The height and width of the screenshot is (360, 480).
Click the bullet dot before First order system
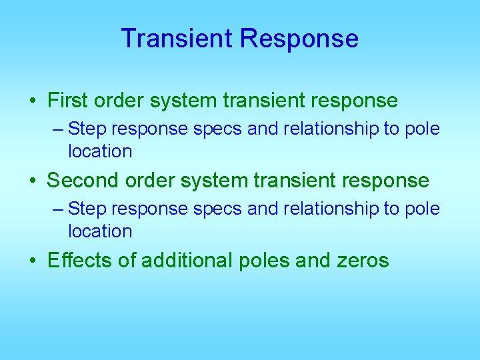click(33, 101)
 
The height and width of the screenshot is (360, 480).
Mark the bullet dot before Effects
click(33, 261)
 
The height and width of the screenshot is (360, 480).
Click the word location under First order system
click(100, 151)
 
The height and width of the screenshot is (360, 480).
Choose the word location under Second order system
click(100, 231)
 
